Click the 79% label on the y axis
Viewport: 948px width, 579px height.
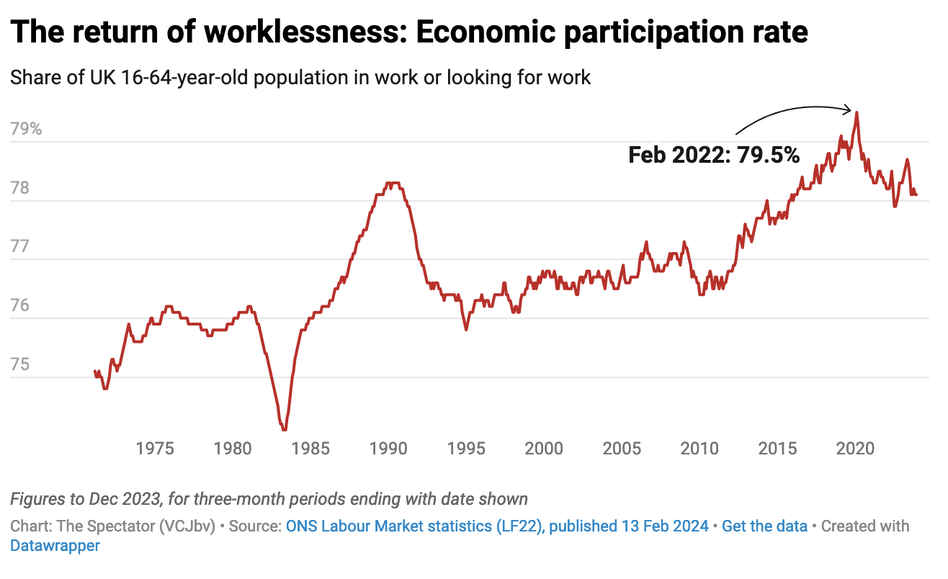point(27,130)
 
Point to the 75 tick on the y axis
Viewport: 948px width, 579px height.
point(22,365)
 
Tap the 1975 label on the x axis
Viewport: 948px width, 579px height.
point(155,449)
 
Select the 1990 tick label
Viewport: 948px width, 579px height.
point(388,449)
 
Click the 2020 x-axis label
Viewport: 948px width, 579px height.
point(855,449)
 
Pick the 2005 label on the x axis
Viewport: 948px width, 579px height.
point(622,449)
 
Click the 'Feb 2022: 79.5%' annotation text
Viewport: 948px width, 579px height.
point(714,155)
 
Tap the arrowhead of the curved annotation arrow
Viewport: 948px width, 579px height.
point(851,109)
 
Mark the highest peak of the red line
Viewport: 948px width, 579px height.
point(857,112)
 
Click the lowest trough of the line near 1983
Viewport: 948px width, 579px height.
point(285,430)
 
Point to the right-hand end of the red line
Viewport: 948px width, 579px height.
point(916,194)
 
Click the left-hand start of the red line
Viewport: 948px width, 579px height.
point(95,372)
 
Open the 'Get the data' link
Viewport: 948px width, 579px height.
point(764,526)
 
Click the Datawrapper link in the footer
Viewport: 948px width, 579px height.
point(55,545)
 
